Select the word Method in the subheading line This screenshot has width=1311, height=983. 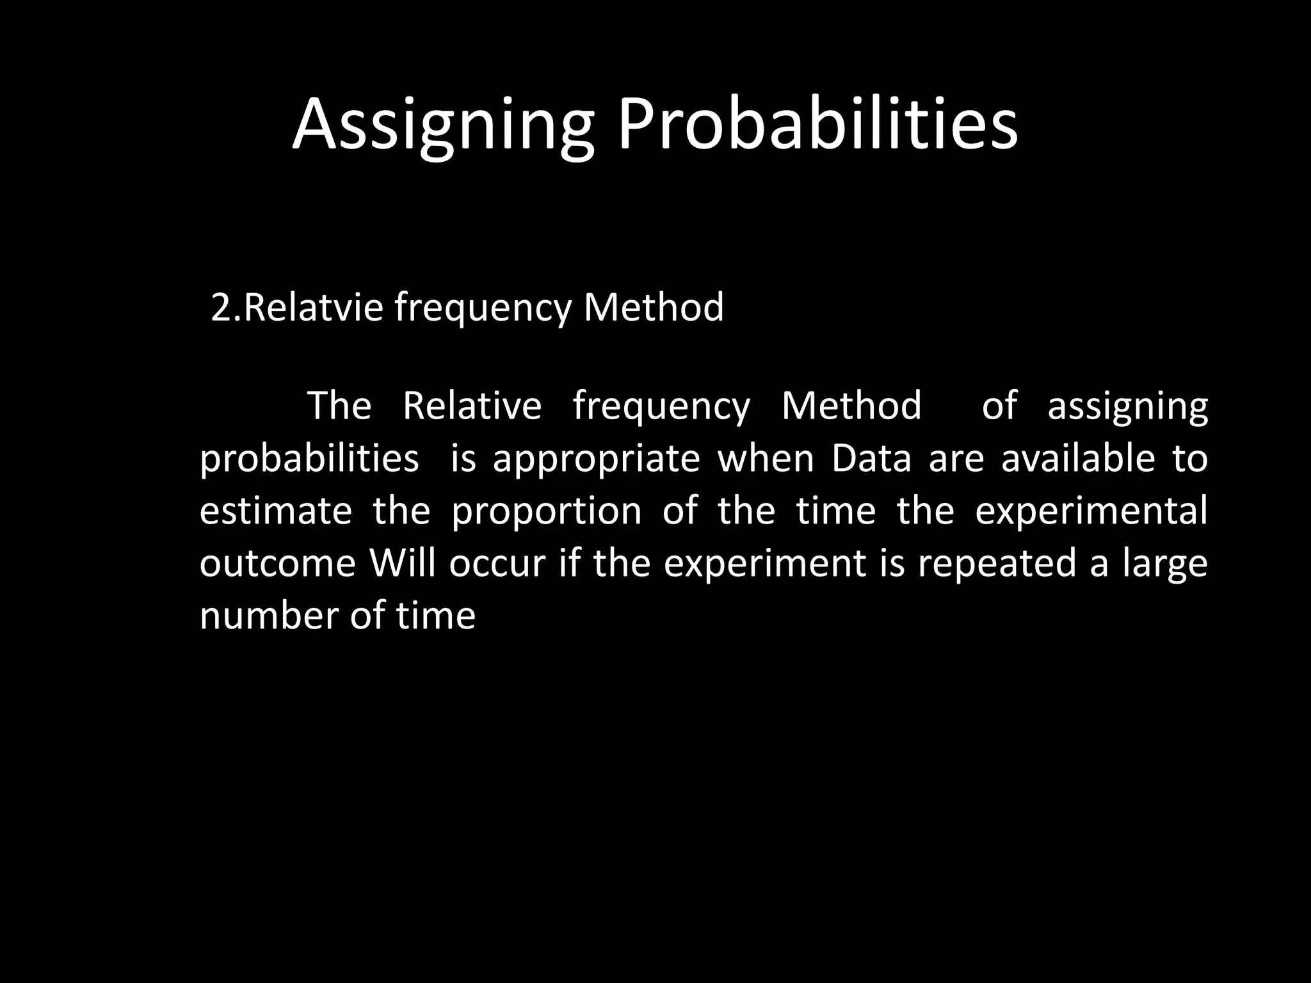(654, 307)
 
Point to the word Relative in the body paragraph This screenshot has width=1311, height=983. (472, 406)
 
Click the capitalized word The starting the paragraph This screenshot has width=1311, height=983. (339, 406)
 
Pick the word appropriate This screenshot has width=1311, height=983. (596, 460)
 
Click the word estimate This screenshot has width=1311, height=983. (276, 511)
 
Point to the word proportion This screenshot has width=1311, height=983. (546, 512)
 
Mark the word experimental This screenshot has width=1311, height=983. (1091, 512)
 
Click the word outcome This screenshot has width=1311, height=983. (277, 563)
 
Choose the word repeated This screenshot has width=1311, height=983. (997, 564)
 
